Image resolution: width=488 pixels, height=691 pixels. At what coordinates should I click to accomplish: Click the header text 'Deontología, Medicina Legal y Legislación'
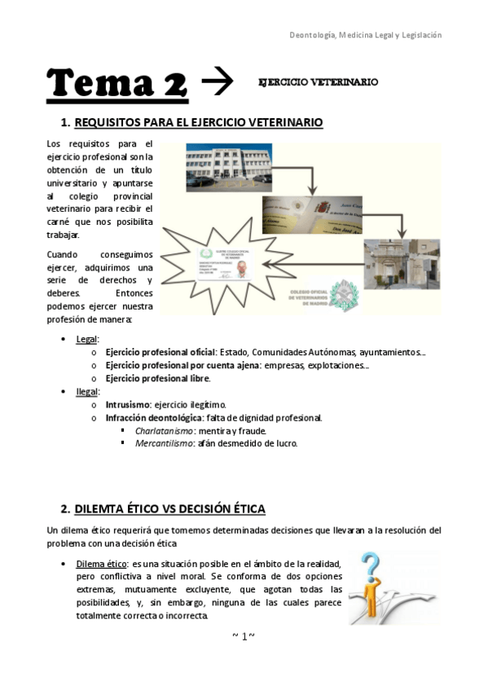[x=366, y=35]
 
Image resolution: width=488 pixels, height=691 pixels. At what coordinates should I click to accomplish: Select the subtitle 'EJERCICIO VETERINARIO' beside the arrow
[x=317, y=83]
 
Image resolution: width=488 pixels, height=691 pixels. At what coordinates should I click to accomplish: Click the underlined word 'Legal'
[x=86, y=338]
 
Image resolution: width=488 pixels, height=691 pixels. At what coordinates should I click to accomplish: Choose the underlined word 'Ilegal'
[x=86, y=392]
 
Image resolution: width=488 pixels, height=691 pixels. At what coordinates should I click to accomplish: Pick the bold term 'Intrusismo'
[x=127, y=405]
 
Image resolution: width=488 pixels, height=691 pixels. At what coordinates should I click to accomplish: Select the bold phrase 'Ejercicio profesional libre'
[x=157, y=378]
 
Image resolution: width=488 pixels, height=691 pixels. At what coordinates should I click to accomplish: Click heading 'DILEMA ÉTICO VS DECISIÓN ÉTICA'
[x=169, y=509]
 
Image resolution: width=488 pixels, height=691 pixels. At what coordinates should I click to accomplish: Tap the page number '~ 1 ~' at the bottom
[x=244, y=636]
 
